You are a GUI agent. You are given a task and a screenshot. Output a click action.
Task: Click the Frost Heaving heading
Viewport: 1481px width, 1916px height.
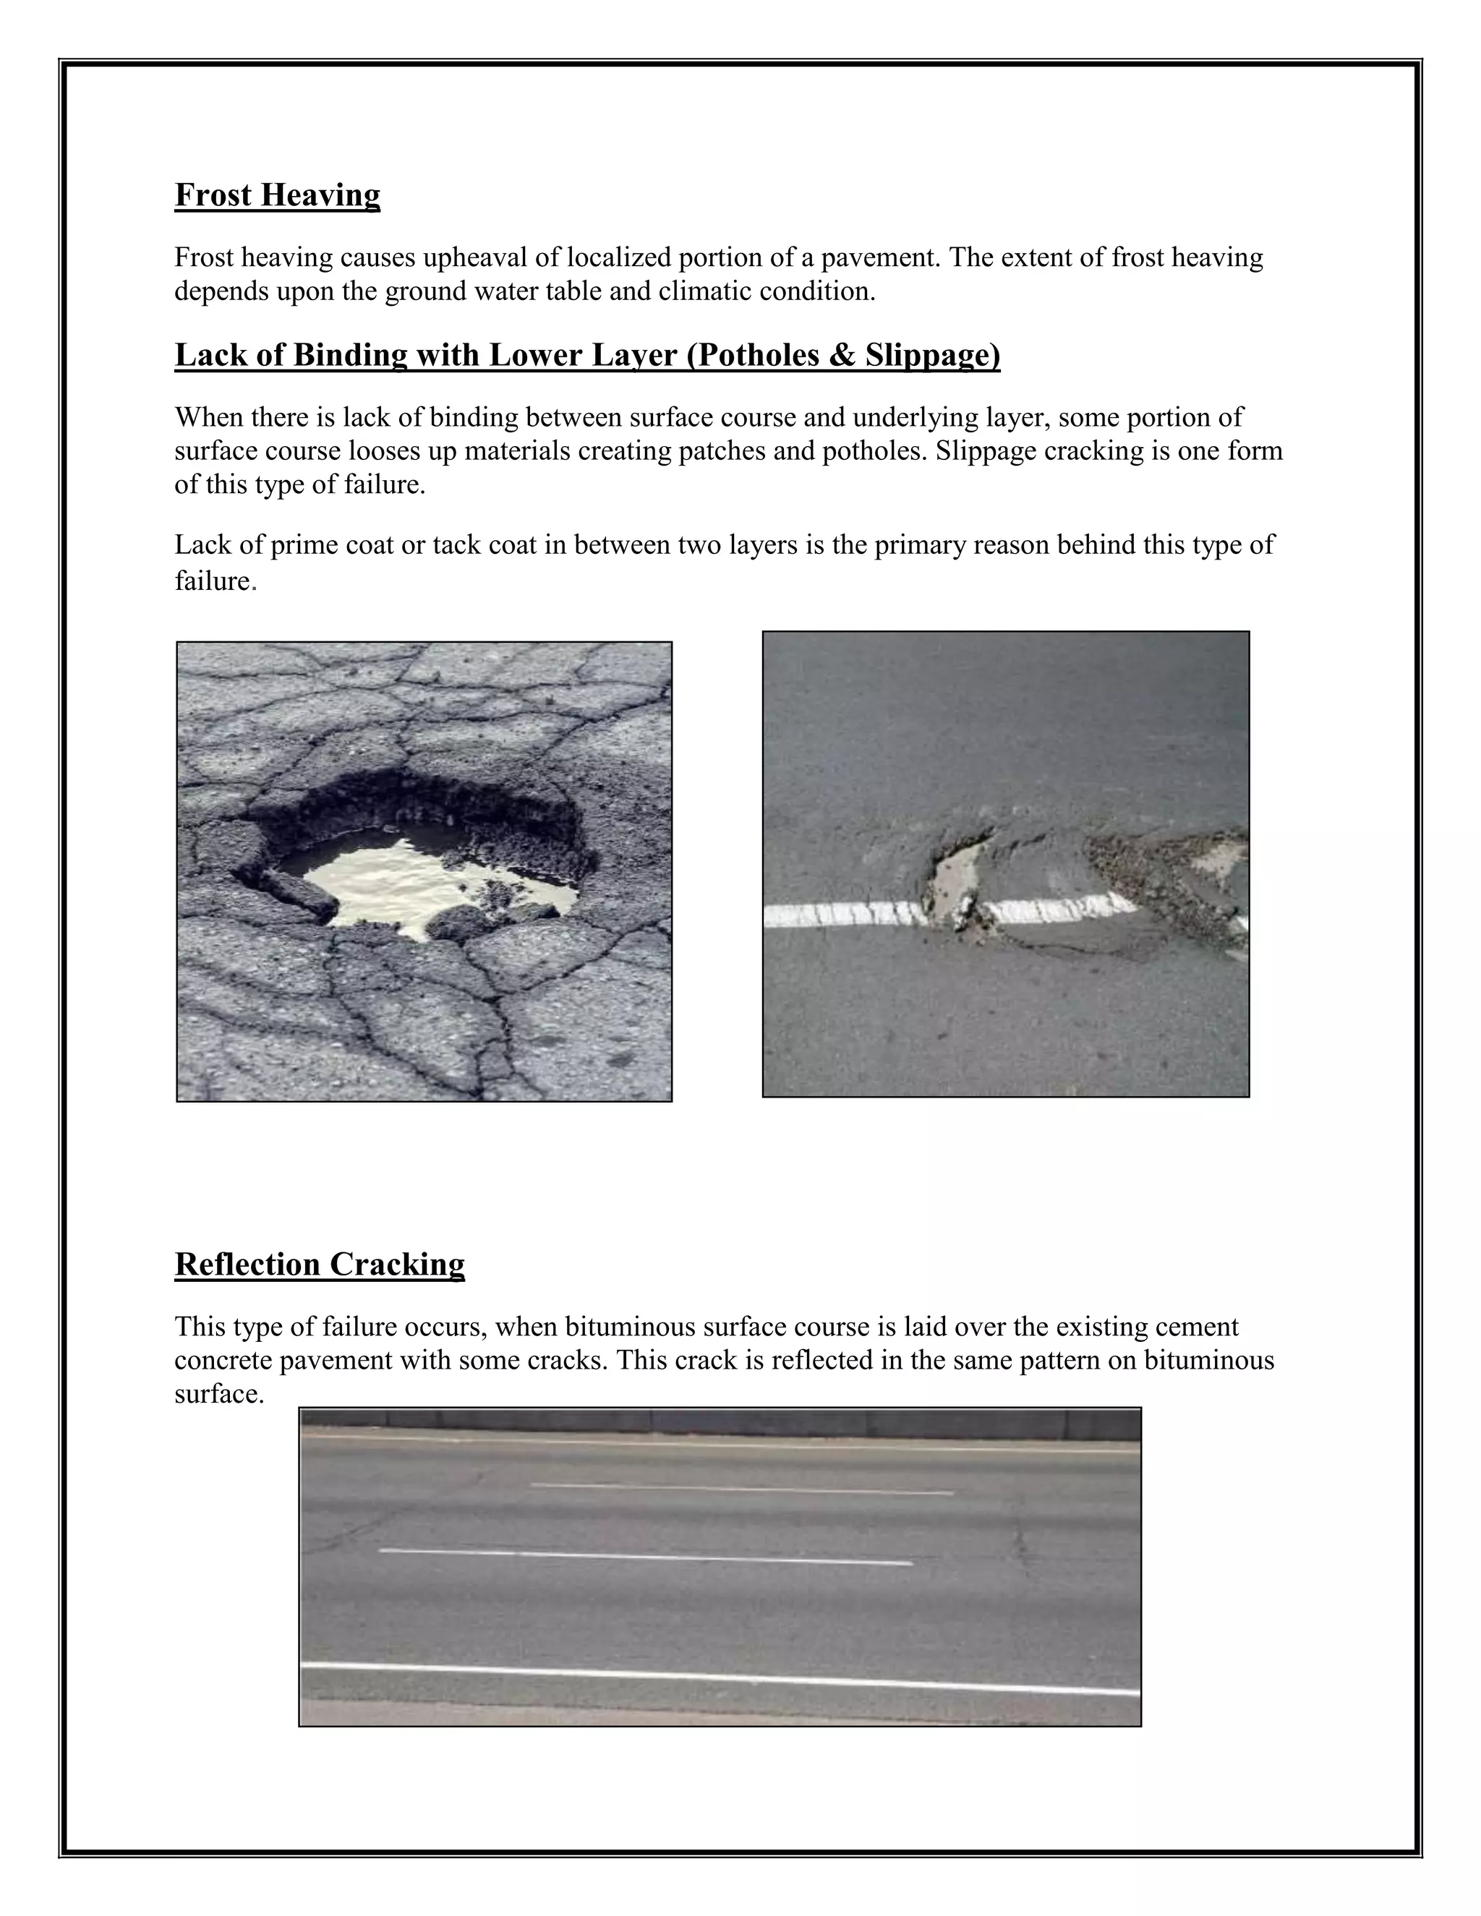coord(277,194)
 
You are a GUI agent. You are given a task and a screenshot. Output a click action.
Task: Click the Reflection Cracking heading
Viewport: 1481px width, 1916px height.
coord(320,1264)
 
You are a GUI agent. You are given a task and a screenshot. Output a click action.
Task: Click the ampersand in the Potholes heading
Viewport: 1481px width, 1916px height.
coord(843,355)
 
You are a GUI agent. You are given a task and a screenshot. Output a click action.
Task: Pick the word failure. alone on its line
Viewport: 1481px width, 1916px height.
coord(215,581)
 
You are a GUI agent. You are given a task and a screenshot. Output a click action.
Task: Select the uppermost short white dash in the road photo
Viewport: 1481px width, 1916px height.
coord(741,1489)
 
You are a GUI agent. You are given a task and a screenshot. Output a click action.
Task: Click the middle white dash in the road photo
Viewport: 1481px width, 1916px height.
coord(645,1557)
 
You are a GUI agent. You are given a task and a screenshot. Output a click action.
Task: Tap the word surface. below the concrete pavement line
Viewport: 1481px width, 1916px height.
coord(218,1394)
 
